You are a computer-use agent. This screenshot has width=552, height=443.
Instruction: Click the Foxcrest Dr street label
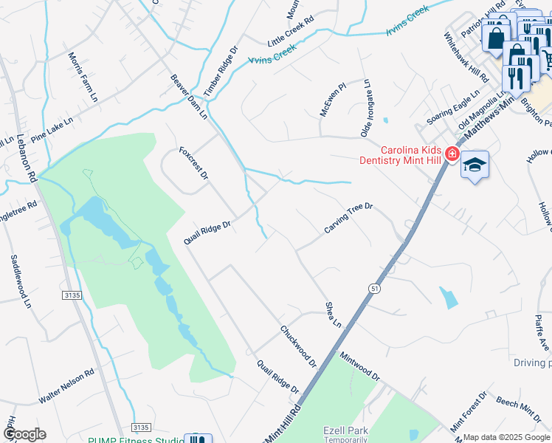click(194, 163)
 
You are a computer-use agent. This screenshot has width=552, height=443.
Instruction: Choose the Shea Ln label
click(334, 315)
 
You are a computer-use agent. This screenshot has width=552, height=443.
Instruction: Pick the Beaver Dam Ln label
click(190, 96)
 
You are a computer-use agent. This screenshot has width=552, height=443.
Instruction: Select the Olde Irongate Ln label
click(365, 109)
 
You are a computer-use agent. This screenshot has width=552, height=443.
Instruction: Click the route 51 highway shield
click(375, 289)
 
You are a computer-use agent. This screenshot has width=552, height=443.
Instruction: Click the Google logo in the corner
click(24, 434)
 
